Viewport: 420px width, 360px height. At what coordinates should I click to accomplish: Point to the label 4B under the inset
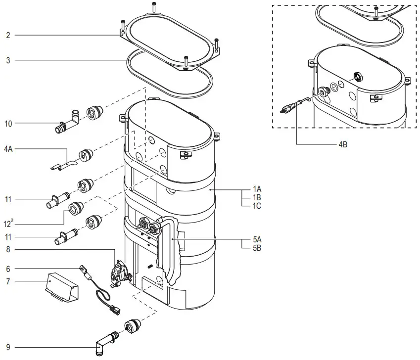coord(342,144)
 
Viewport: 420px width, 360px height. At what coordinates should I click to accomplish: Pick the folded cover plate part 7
coord(60,287)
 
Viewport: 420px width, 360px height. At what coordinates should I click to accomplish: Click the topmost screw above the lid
coord(154,6)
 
